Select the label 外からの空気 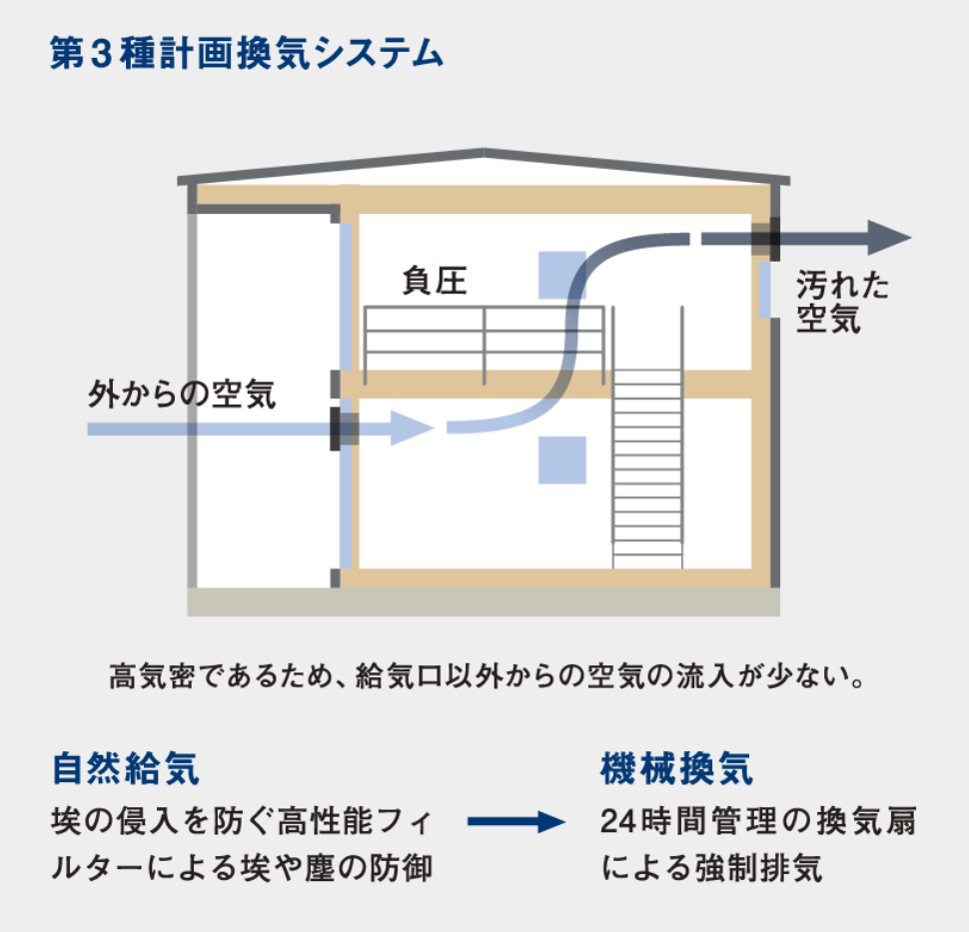click(x=181, y=395)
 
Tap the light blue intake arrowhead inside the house click(x=411, y=430)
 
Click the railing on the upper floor click(x=485, y=340)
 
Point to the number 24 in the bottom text click(x=618, y=823)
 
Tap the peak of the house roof click(x=484, y=153)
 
